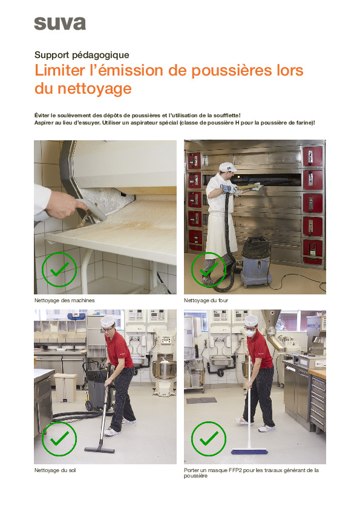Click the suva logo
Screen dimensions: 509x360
coord(60,24)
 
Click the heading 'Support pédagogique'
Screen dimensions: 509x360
coord(82,55)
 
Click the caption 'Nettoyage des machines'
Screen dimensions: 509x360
coord(65,300)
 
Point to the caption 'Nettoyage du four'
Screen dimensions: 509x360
coord(206,300)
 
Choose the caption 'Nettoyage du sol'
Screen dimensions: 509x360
coord(55,470)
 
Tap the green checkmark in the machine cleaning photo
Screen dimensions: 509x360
coord(59,270)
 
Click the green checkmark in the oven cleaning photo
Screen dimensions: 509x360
coord(208,269)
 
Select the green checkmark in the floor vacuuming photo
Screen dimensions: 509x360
coord(59,438)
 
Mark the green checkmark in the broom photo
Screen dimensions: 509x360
coord(209,438)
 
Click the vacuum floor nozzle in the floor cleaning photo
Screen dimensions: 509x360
coord(99,449)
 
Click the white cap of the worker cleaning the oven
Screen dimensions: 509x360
coord(226,166)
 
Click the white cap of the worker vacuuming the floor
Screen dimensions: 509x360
coord(108,321)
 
